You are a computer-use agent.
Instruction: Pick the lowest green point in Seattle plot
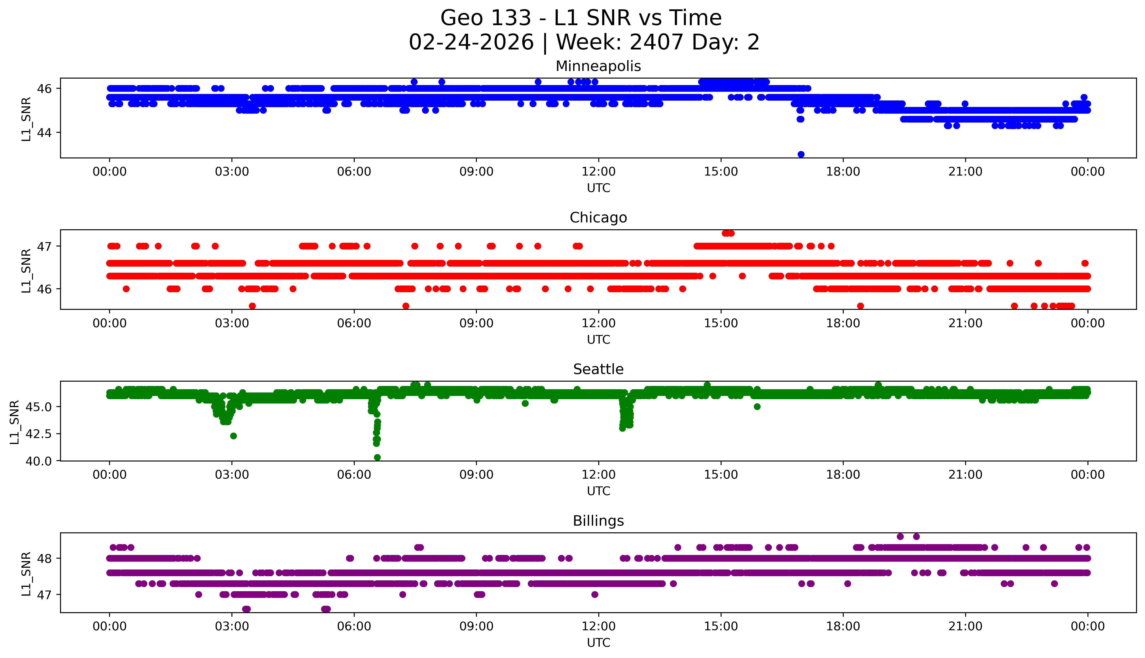pos(377,457)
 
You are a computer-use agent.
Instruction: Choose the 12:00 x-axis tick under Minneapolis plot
pos(598,172)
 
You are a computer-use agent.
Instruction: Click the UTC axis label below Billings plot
pos(598,643)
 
